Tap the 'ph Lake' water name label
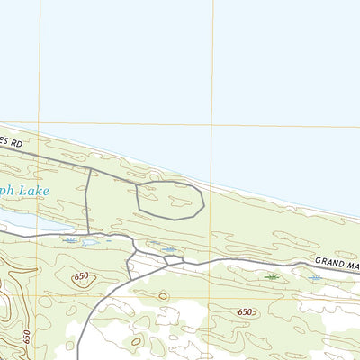coord(27,191)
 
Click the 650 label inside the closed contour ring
coord(83,276)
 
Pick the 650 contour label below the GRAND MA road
coord(246,311)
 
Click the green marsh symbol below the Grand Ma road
coord(271,277)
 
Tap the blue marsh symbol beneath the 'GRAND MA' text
coord(314,278)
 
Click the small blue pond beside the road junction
coord(89,242)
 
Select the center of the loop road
coord(169,199)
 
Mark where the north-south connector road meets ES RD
coord(89,167)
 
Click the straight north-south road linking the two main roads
coord(88,202)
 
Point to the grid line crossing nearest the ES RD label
coord(40,123)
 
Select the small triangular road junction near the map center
coord(172,261)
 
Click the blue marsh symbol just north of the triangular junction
coord(168,249)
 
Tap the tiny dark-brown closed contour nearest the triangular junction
coord(163,295)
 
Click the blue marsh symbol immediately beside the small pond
coord(70,240)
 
